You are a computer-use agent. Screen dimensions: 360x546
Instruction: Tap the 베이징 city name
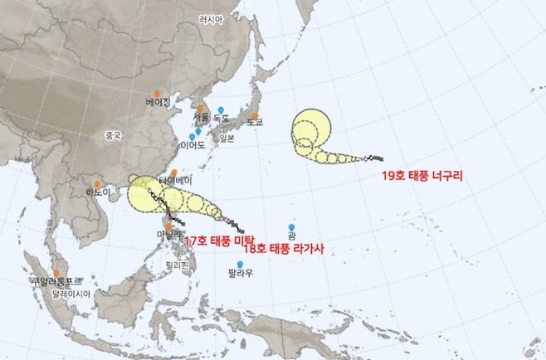coord(157,102)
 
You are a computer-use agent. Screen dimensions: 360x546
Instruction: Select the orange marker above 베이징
coord(156,92)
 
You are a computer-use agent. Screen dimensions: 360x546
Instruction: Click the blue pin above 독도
coord(221,109)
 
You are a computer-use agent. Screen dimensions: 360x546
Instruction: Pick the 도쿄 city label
coord(254,122)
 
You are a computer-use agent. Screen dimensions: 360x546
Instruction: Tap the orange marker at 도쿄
coord(255,115)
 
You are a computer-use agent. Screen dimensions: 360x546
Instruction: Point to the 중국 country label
coord(113,135)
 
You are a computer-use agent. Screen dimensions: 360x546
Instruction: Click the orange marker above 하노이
coord(98,183)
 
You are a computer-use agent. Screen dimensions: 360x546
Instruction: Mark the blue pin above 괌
coord(291,226)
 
